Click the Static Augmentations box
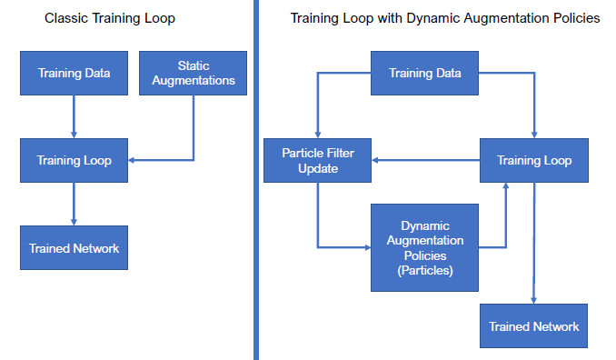[x=193, y=73]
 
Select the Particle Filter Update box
[x=317, y=160]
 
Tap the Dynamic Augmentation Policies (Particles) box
[x=424, y=247]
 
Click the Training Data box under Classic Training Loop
[x=74, y=73]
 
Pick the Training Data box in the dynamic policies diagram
[x=424, y=73]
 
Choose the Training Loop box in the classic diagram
[x=74, y=160]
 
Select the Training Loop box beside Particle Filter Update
[x=534, y=160]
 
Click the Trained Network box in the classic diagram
[x=74, y=247]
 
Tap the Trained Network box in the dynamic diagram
[x=533, y=325]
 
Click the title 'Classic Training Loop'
[x=110, y=18]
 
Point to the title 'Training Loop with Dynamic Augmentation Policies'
[x=445, y=18]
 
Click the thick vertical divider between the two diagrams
[x=256, y=180]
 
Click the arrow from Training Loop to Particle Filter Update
[x=425, y=160]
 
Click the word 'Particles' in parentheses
[x=424, y=270]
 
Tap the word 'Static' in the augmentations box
[x=194, y=65]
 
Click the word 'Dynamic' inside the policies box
[x=425, y=226]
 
